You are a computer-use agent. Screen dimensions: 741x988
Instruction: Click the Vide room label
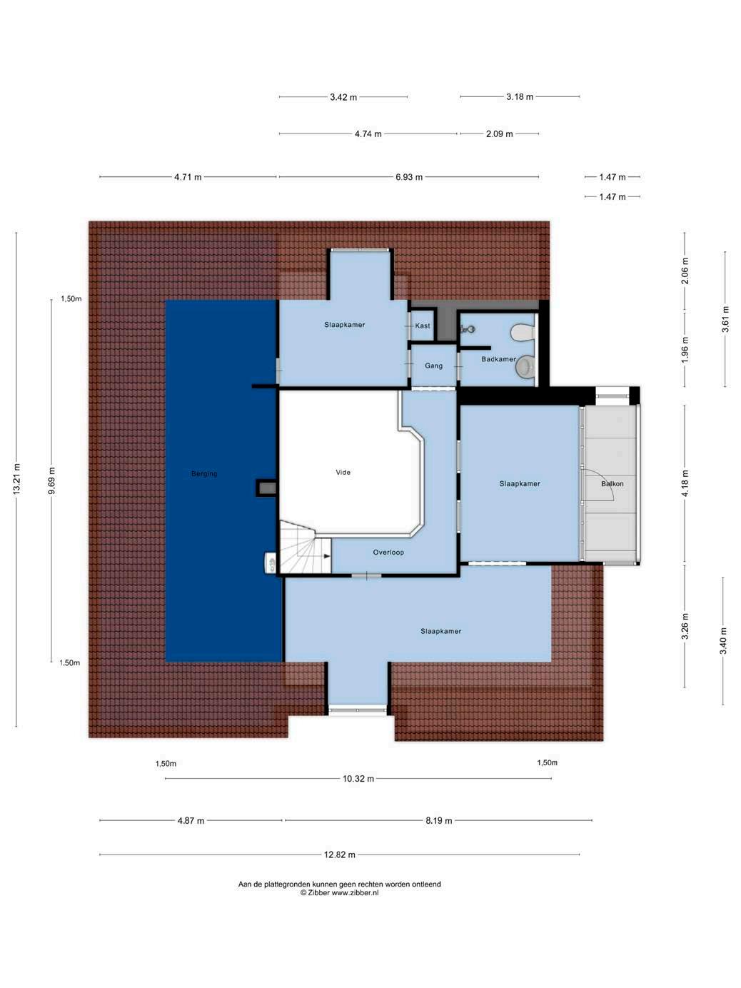pos(343,472)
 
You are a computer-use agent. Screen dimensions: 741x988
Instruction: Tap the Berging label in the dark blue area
pos(204,473)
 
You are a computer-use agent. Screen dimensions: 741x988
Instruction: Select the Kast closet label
pos(423,326)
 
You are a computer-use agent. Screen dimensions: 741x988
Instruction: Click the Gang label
pos(434,366)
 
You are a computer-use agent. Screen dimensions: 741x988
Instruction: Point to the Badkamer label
pos(498,359)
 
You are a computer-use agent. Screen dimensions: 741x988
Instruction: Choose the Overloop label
pos(388,553)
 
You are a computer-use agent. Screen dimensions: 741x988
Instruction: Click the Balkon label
pos(613,484)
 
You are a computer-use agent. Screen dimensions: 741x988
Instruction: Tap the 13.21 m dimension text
pos(16,479)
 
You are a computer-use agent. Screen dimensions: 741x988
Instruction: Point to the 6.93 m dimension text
pos(409,177)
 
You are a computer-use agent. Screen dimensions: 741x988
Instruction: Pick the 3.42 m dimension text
pos(343,97)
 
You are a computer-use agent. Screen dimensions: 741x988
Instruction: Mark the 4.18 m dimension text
pos(685,483)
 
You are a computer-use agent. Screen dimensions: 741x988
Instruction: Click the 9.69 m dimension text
pos(51,480)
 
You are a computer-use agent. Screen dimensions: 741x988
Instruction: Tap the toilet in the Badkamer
pos(523,333)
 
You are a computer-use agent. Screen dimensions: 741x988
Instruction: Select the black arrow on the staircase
pos(327,556)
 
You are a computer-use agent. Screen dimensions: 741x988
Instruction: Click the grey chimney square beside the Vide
pos(267,488)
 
